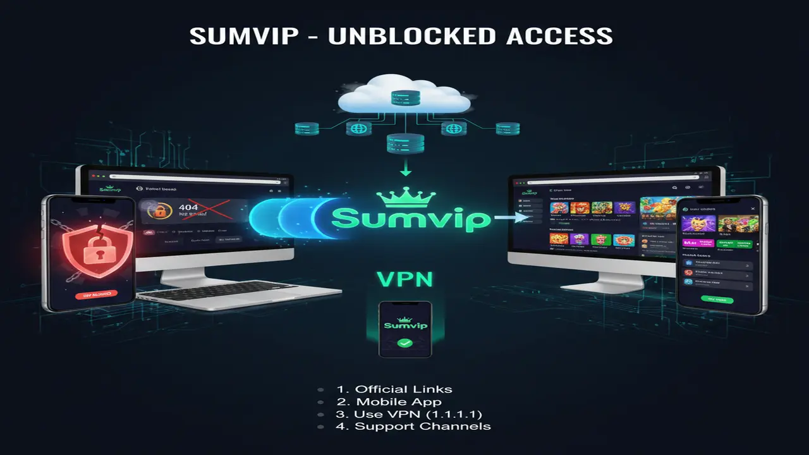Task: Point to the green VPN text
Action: tap(404, 279)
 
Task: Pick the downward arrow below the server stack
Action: tap(405, 170)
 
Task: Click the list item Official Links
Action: tap(403, 389)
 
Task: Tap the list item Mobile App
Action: tap(398, 402)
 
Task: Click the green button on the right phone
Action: tap(717, 299)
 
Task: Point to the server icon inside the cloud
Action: tap(404, 98)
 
